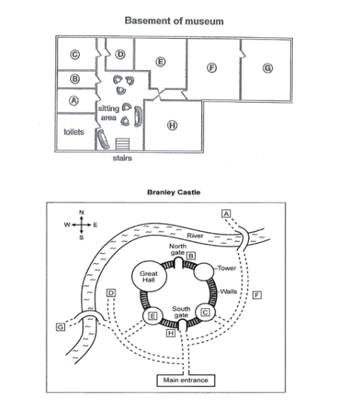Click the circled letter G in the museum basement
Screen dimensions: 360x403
[268, 68]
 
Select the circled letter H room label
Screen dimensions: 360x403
[172, 125]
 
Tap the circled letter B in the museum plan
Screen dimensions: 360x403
[75, 79]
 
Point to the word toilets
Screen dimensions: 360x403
[74, 132]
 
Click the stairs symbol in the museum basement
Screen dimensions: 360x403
[122, 144]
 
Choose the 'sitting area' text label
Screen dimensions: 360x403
[109, 113]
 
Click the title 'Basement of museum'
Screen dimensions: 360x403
[174, 21]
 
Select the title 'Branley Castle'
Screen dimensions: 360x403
[174, 192]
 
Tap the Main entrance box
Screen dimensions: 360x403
[186, 380]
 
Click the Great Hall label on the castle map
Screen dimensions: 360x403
[148, 276]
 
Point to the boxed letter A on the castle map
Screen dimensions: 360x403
[227, 214]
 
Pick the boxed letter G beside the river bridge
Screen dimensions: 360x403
[60, 327]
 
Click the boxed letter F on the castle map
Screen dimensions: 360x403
[257, 294]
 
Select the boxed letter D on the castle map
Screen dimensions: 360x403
[111, 293]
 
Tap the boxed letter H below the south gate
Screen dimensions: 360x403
[171, 333]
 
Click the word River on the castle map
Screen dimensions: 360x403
[195, 235]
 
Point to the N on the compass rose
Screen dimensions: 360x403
[81, 212]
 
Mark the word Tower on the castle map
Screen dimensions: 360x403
[227, 268]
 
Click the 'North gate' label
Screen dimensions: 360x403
[177, 250]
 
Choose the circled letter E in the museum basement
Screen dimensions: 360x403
[161, 62]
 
